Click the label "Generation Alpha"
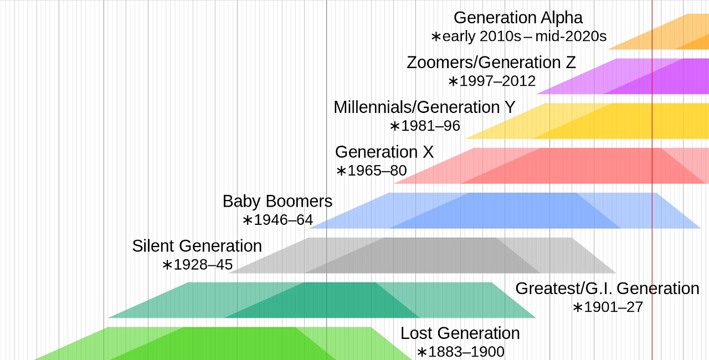(518, 18)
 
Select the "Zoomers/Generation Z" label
(491, 63)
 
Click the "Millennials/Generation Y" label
(424, 107)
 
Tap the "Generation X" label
(384, 152)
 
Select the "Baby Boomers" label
(278, 201)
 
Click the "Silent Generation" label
(197, 246)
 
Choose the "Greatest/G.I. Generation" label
(607, 289)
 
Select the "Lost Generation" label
(460, 333)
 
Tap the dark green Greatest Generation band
(321, 300)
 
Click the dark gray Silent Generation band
(421, 255)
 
